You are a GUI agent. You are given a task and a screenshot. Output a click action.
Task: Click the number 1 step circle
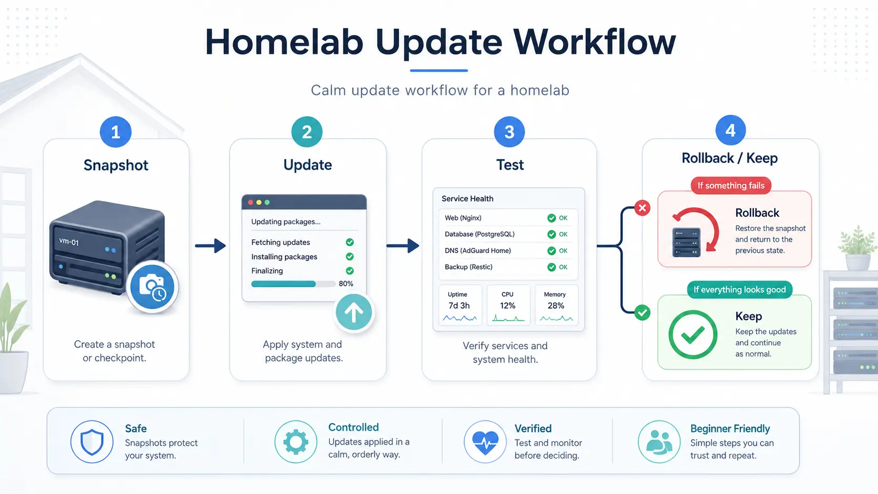pos(116,132)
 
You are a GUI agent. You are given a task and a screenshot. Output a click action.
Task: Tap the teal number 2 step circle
pos(307,132)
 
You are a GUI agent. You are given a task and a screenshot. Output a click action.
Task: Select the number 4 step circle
pos(730,130)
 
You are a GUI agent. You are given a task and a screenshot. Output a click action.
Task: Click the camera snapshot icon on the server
pos(152,287)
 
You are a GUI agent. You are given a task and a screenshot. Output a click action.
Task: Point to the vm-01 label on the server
pos(69,241)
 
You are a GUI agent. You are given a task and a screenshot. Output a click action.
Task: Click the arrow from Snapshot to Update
pos(211,246)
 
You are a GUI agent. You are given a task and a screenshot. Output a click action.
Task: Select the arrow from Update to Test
pos(403,246)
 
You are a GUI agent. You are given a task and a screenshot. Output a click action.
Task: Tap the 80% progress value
pos(346,283)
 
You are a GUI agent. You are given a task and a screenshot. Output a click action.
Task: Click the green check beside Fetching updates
pos(350,242)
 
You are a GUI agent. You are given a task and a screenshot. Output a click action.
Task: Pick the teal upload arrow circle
pos(354,312)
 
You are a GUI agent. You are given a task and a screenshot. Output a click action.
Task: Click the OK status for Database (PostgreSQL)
pos(563,234)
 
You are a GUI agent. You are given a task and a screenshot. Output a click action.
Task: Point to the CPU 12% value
pos(508,306)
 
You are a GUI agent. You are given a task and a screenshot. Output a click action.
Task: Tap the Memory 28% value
pos(556,306)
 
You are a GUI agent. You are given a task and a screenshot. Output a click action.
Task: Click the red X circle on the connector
pos(642,208)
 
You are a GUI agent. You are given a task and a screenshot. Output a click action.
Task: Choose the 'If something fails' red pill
pos(731,185)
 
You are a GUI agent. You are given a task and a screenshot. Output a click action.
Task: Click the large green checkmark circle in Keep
pos(693,334)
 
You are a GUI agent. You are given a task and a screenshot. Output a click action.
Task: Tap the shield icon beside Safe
pos(92,442)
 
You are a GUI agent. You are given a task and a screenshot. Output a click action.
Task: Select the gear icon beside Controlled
pos(296,442)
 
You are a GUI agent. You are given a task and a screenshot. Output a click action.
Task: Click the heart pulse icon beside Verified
pos(485,442)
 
